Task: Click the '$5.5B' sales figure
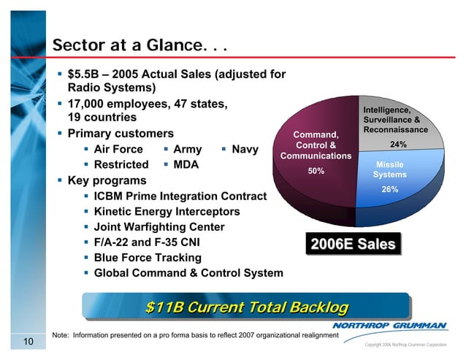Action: (x=85, y=74)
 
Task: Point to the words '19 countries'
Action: (x=102, y=118)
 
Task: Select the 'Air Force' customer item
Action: (x=119, y=150)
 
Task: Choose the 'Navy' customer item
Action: (x=245, y=150)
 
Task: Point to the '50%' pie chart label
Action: (x=316, y=171)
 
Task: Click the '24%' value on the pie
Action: (x=399, y=144)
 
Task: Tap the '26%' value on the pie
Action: (x=389, y=189)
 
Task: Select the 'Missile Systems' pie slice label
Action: (x=389, y=169)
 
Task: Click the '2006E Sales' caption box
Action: (x=354, y=244)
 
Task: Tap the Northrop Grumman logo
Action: (x=399, y=326)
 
